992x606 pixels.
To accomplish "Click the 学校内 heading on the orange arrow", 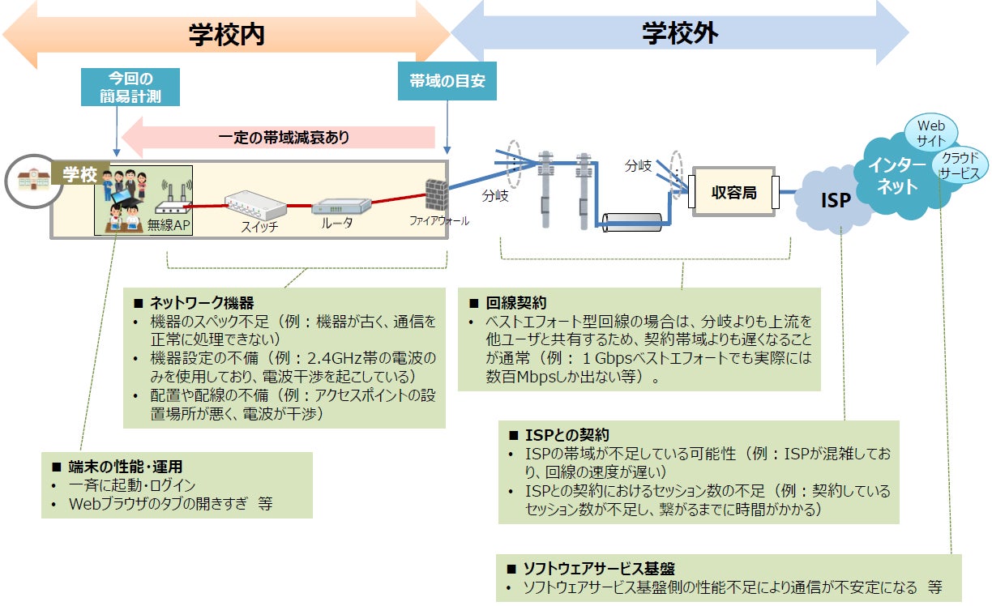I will [227, 36].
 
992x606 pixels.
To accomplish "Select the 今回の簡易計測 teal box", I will [130, 87].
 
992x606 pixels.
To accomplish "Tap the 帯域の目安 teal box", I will [447, 81].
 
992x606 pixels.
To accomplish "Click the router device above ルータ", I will [336, 208].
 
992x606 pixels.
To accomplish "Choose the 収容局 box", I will [733, 193].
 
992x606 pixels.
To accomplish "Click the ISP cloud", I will [834, 199].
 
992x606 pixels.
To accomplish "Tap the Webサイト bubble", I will [930, 133].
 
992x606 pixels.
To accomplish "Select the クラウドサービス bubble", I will [959, 164].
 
